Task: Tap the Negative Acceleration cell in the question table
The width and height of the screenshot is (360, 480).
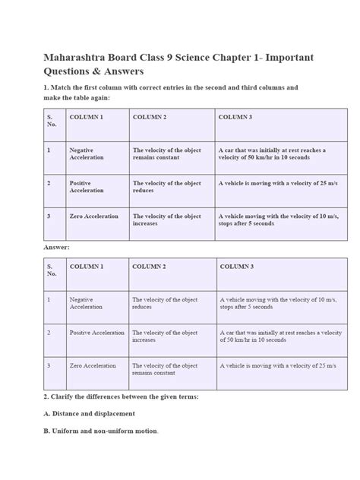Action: (87, 154)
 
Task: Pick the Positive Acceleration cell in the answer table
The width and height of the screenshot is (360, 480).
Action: (96, 333)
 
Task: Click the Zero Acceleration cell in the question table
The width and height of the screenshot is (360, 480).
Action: (93, 216)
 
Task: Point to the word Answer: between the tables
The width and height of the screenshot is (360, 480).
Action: (56, 247)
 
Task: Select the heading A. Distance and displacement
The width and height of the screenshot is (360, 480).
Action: (89, 413)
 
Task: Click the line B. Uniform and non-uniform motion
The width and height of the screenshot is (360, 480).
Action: (100, 431)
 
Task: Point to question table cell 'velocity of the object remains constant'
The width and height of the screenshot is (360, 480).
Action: (167, 154)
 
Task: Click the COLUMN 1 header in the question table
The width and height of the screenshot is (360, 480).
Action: (86, 118)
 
